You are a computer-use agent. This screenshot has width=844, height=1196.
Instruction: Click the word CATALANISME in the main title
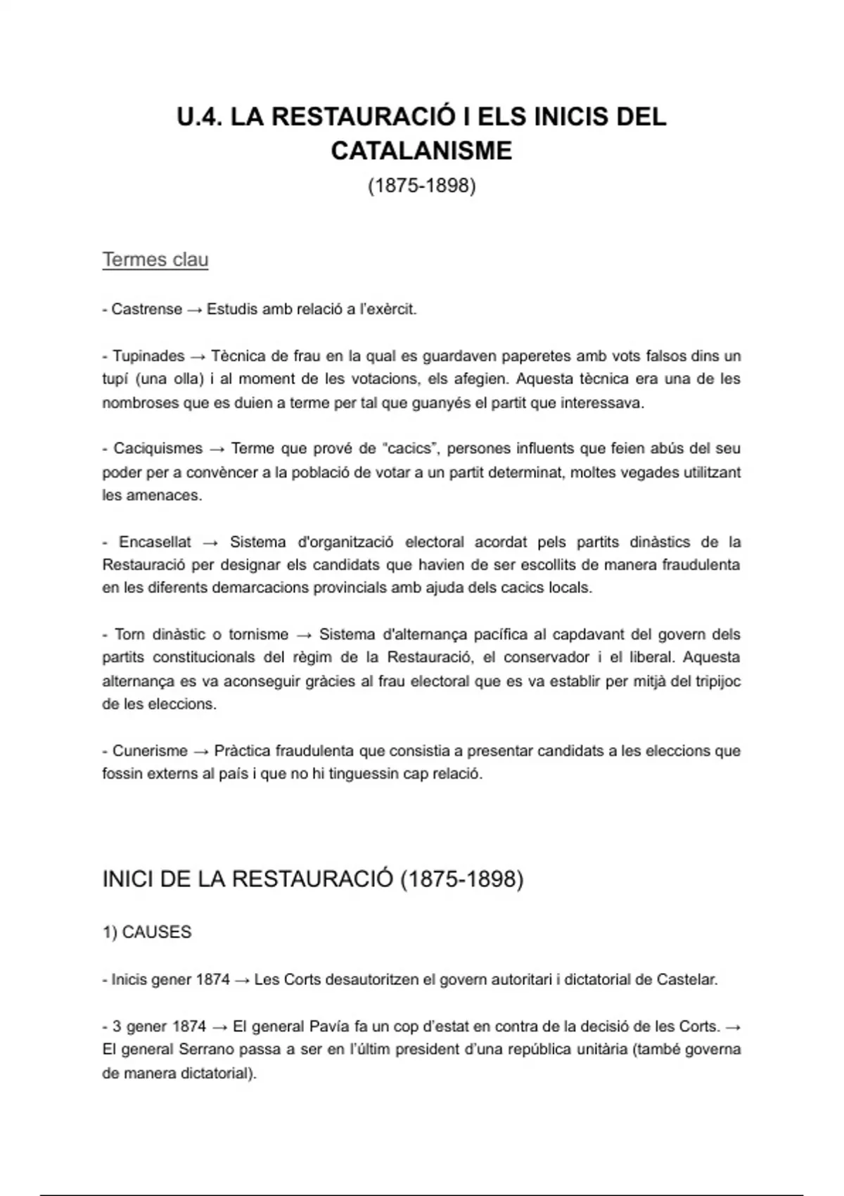tap(421, 151)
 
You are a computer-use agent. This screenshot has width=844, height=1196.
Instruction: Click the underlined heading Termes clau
tap(155, 260)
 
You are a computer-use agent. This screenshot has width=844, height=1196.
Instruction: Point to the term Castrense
tap(146, 310)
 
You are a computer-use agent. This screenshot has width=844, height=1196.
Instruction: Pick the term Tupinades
tap(148, 356)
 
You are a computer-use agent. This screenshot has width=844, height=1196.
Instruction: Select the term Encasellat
tap(155, 542)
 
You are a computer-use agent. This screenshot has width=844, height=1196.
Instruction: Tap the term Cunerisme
tap(150, 751)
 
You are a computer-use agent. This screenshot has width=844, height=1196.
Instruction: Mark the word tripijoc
tap(717, 681)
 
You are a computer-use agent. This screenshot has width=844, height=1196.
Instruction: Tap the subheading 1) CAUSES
tap(147, 932)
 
